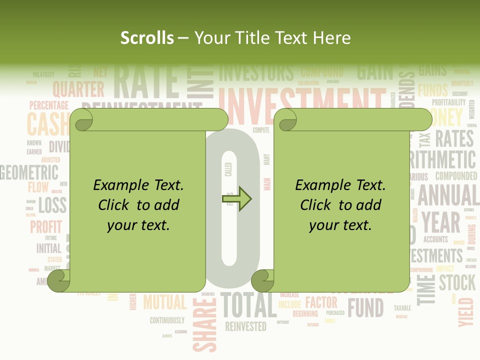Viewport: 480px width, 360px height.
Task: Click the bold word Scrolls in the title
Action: click(147, 38)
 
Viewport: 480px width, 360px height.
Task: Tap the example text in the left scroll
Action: click(138, 205)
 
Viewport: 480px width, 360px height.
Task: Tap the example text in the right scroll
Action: click(340, 205)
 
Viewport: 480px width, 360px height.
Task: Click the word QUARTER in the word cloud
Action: click(78, 90)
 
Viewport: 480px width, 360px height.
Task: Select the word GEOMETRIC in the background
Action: click(29, 172)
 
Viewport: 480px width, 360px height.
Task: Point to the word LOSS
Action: click(52, 205)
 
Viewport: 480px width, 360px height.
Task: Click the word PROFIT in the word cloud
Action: click(46, 227)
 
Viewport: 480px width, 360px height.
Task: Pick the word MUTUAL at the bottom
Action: click(164, 302)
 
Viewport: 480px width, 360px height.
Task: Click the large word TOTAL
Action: click(248, 305)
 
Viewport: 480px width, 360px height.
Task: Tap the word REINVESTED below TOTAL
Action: click(245, 327)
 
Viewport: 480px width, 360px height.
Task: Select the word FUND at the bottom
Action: click(365, 308)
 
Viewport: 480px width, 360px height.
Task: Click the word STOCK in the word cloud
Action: click(457, 283)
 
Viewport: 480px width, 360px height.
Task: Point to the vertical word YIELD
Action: click(465, 311)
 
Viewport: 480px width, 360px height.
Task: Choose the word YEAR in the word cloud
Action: click(440, 223)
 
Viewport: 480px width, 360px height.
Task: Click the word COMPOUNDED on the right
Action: click(456, 176)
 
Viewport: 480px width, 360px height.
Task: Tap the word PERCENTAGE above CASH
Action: click(48, 105)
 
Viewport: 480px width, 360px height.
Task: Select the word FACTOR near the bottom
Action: click(321, 302)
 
